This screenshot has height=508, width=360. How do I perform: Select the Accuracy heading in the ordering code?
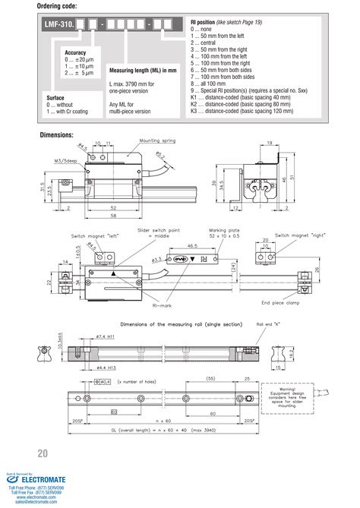[76, 52]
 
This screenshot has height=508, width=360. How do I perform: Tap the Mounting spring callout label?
[137, 140]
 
